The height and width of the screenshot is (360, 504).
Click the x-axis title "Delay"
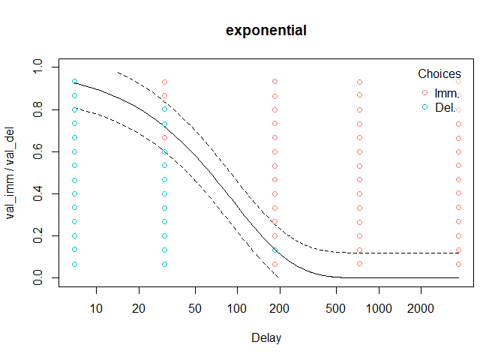coord(266,338)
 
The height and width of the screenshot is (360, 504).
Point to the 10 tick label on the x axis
coord(96,308)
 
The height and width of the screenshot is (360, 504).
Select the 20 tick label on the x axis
coord(139,308)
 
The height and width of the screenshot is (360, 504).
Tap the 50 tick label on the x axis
coord(195,308)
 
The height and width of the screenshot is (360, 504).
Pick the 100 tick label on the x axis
coord(237,308)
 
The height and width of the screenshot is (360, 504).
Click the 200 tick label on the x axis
coord(280,308)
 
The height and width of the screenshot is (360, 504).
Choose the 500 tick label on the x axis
coord(336,308)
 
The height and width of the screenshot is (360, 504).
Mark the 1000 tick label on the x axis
coord(379,308)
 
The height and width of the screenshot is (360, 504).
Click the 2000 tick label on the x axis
coord(421,308)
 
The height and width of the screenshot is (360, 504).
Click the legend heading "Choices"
coord(439,74)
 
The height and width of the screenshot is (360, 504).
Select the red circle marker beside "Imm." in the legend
coord(425,93)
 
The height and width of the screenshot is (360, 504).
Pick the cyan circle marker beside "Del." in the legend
coord(425,107)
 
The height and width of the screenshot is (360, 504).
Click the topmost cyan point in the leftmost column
coord(74,82)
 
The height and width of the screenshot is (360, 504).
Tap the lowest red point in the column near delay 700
coord(360,264)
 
